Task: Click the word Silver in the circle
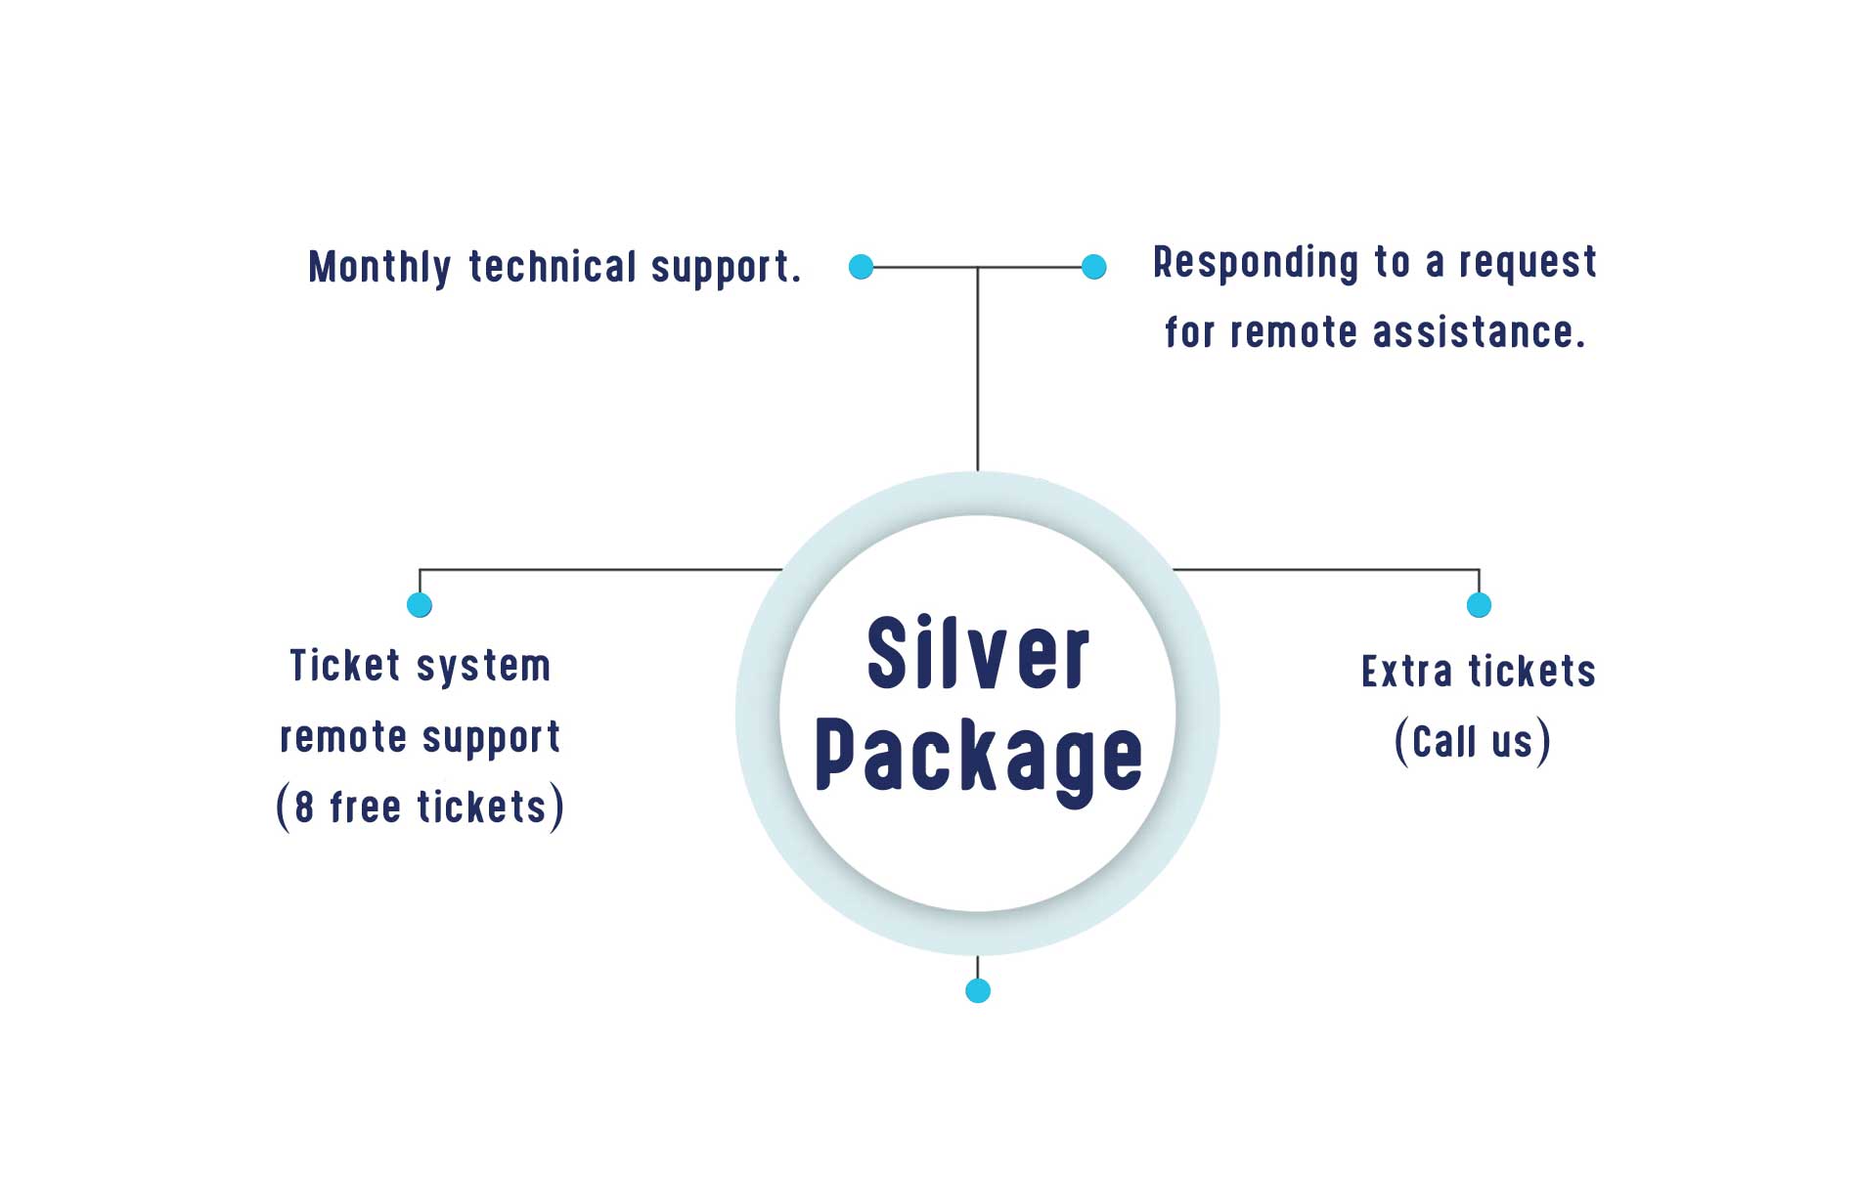977,653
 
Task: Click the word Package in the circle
978,755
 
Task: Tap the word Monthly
379,268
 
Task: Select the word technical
553,267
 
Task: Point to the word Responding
1256,263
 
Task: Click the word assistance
1478,332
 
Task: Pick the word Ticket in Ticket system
345,666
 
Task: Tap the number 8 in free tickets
304,807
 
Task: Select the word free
365,807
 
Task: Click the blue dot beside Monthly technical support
861,267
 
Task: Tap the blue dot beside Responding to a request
1094,267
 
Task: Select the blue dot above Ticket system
420,605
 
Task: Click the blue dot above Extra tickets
1479,605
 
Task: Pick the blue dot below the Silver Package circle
978,991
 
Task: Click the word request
1528,263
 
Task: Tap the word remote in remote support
343,737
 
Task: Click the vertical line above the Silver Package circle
978,371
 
